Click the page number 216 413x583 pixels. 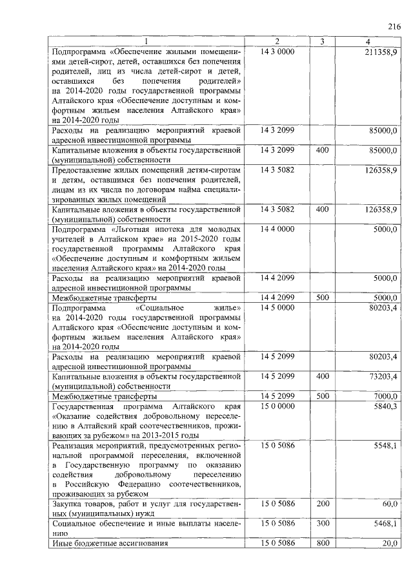[394, 26]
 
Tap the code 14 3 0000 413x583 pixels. [277, 51]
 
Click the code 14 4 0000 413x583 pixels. [277, 229]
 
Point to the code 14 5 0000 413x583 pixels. [277, 308]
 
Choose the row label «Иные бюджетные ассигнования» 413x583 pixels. [110, 543]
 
